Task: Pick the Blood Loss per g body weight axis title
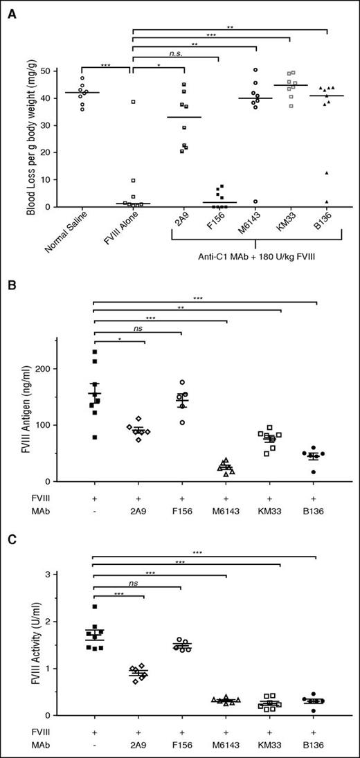(x=32, y=138)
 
